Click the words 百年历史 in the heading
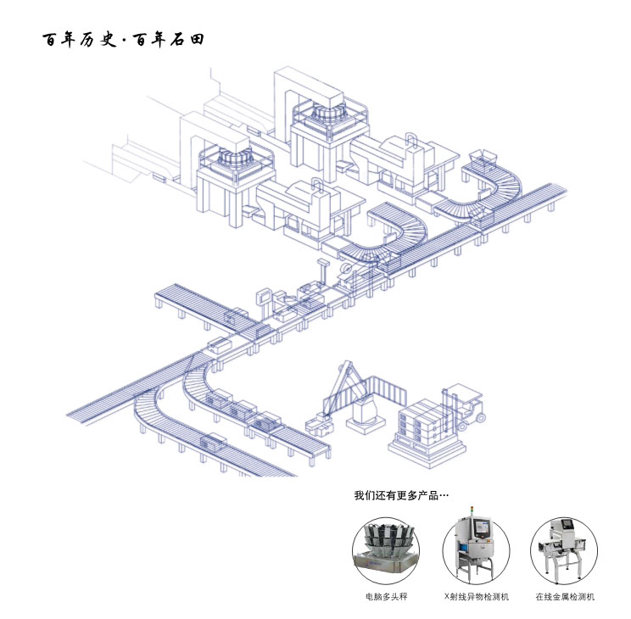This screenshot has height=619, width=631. point(79,40)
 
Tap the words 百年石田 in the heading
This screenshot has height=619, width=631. point(169,40)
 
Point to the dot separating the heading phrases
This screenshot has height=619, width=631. point(125,40)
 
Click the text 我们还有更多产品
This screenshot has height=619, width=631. point(396,495)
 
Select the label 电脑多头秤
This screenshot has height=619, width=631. point(387,596)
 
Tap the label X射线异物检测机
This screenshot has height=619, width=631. point(477,596)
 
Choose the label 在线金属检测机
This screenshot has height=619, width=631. point(565,596)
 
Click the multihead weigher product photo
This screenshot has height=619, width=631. point(386,551)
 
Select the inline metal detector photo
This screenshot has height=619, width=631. point(564,550)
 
